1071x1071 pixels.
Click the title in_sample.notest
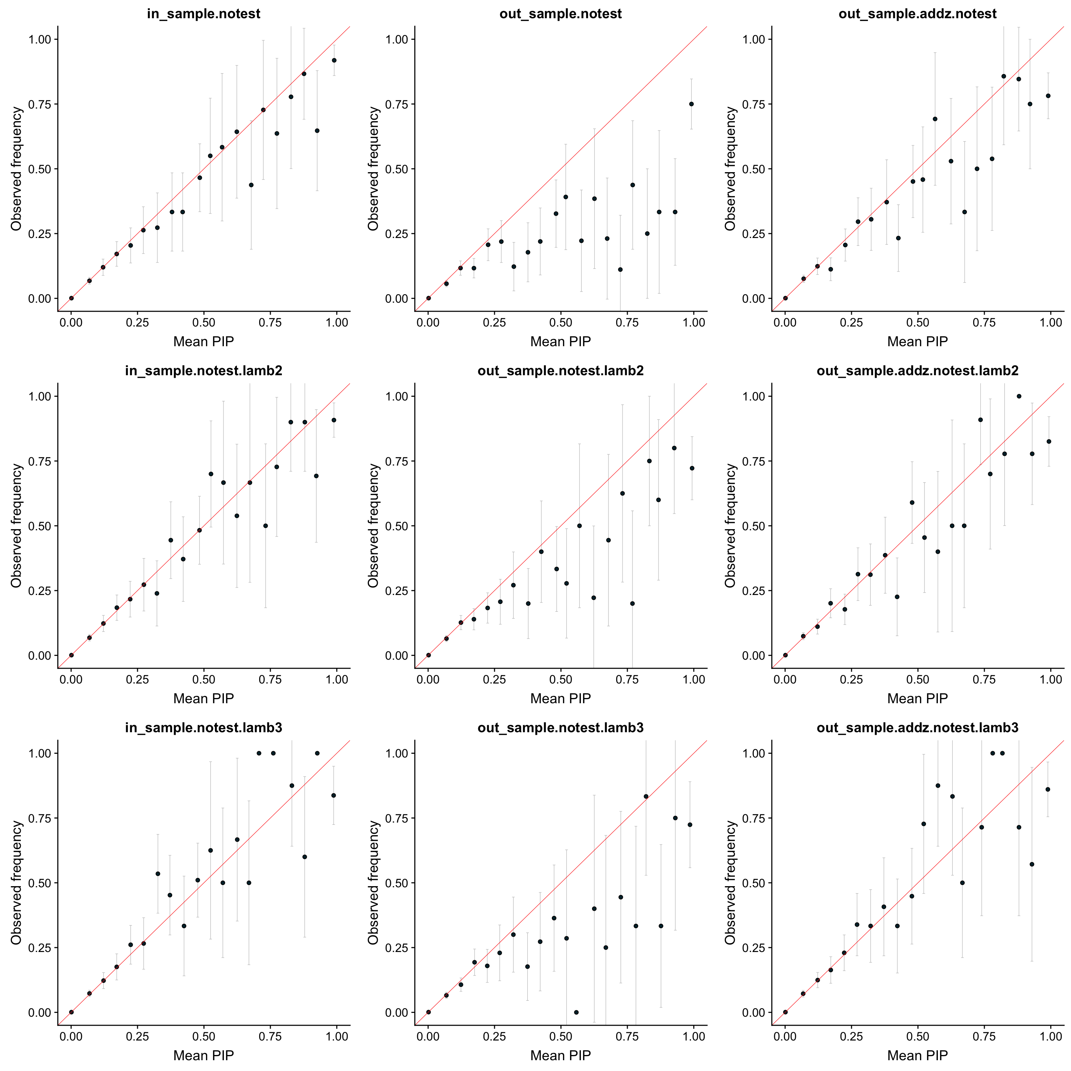pos(203,14)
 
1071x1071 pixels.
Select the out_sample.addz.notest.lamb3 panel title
pos(917,728)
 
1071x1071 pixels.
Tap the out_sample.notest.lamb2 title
pos(560,371)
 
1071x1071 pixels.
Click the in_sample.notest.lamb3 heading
pos(203,728)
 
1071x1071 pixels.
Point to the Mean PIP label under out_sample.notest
pos(560,341)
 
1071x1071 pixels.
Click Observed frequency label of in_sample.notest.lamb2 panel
pos(17,525)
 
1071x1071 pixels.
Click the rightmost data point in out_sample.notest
pos(691,104)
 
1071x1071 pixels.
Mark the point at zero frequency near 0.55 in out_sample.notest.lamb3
pos(576,1012)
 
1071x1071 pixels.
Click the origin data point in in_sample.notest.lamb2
pos(71,654)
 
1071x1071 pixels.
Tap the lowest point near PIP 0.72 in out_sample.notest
pos(620,269)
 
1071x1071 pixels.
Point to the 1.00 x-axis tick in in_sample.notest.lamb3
pos(337,1037)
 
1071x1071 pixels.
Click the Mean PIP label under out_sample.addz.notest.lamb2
pos(917,698)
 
